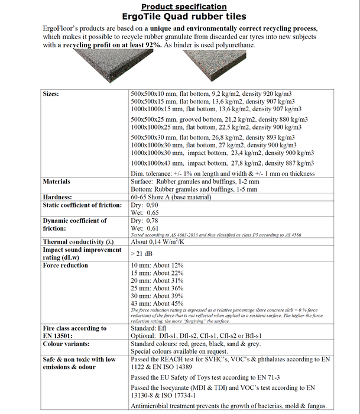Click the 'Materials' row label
pyautogui.click(x=57, y=182)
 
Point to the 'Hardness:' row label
pyautogui.click(x=57, y=197)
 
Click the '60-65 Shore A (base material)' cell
pyautogui.click(x=176, y=197)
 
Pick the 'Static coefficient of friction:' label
pyautogui.click(x=82, y=205)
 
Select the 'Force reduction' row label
pyautogui.click(x=66, y=266)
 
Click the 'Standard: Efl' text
pyautogui.click(x=149, y=328)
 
